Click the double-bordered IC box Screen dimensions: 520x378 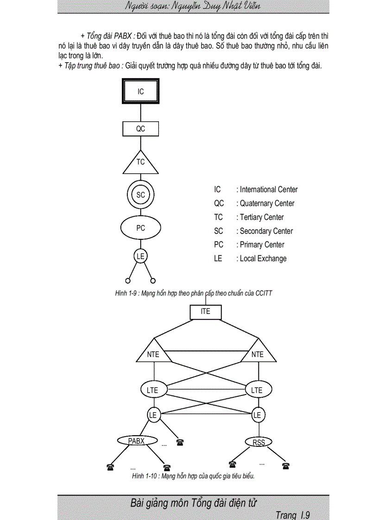pyautogui.click(x=140, y=92)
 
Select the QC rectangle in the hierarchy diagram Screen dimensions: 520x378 pyautogui.click(x=140, y=129)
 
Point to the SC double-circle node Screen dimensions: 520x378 pyautogui.click(x=140, y=195)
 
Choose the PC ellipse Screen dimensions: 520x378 pyautogui.click(x=140, y=228)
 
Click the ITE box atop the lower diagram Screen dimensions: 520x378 pyautogui.click(x=206, y=312)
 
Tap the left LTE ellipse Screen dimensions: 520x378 pyautogui.click(x=152, y=390)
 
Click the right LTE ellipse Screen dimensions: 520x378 pyautogui.click(x=257, y=390)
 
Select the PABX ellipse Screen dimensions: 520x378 pyautogui.click(x=137, y=441)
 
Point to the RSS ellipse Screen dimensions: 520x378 pyautogui.click(x=258, y=443)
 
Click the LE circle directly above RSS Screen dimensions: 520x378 pyautogui.click(x=257, y=415)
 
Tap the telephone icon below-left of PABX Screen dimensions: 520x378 pyautogui.click(x=110, y=467)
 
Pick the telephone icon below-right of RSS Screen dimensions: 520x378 pyautogui.click(x=286, y=465)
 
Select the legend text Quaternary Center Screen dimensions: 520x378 pyautogui.click(x=267, y=203)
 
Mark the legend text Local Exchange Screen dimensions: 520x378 pyautogui.click(x=263, y=258)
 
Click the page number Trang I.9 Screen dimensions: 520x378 pyautogui.click(x=292, y=514)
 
